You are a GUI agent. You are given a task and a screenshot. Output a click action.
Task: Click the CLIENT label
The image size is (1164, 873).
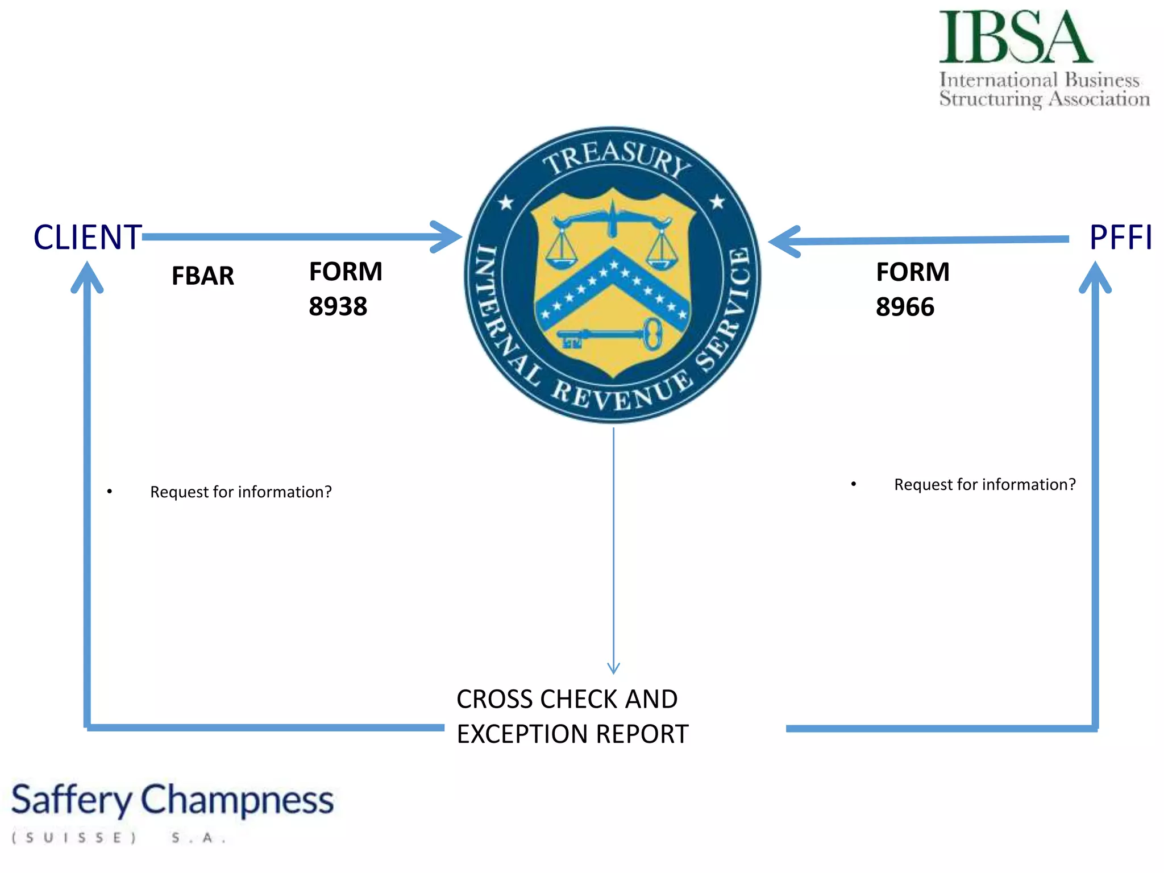(x=87, y=237)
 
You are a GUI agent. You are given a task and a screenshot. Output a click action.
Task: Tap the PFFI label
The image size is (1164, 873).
(x=1120, y=237)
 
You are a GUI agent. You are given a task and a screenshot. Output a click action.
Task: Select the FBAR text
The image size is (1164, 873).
(x=202, y=276)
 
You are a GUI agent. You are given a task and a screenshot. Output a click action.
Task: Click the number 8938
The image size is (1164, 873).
(x=338, y=307)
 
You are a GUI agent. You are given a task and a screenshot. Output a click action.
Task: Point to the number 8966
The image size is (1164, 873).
(x=905, y=307)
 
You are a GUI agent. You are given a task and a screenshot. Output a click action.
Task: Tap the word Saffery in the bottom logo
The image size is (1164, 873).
(x=71, y=800)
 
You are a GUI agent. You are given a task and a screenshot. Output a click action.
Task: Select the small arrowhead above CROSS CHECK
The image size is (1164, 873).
(x=613, y=668)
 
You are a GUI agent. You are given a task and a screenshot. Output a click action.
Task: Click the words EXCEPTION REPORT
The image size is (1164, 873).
(x=572, y=734)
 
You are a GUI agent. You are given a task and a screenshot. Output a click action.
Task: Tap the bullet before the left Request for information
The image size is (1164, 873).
(x=110, y=491)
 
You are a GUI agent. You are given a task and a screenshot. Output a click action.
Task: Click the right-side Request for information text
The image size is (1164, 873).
(x=984, y=484)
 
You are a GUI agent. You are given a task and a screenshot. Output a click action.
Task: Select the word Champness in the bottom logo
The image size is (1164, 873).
(x=236, y=800)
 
